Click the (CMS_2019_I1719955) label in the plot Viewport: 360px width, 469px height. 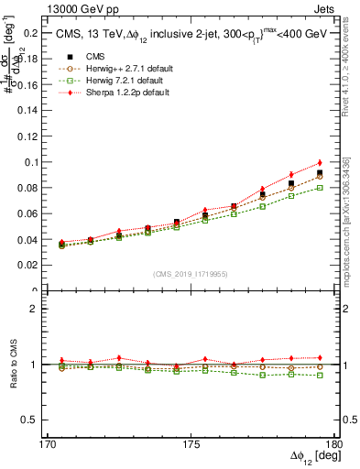tap(191, 273)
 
